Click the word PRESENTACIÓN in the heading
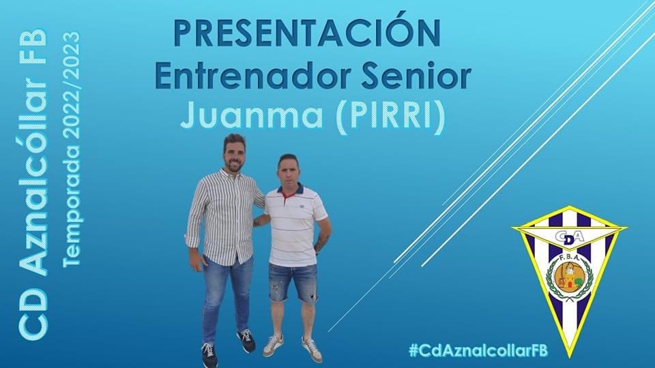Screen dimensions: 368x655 coord(306,33)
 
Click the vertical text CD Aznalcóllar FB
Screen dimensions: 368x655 coord(33,184)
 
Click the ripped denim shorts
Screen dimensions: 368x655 coord(292,281)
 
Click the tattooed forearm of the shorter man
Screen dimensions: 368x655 coord(321,242)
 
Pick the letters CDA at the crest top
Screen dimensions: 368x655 coord(568,236)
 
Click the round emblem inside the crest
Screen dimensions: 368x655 coord(568,276)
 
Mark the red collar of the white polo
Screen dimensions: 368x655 coord(288,193)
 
